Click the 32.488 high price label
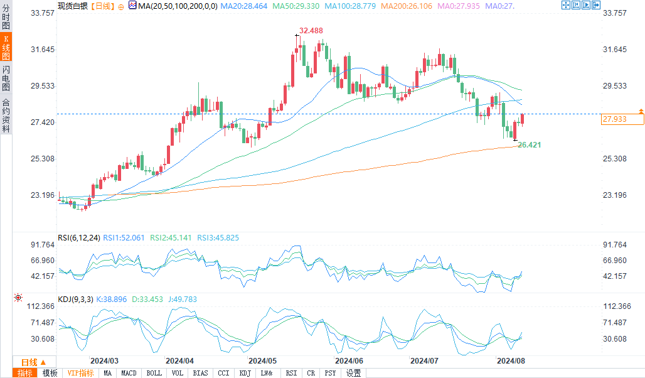click(x=311, y=31)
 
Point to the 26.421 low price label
click(x=529, y=145)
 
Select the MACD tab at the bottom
click(x=129, y=373)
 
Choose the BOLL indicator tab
click(x=154, y=373)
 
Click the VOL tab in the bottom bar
click(x=178, y=373)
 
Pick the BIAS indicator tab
click(x=201, y=373)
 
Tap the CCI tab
click(x=223, y=373)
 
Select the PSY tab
click(x=330, y=373)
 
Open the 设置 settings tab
click(x=353, y=373)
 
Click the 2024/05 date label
click(x=262, y=361)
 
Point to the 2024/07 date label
click(x=424, y=361)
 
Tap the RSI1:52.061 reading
click(x=124, y=238)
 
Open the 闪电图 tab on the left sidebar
click(x=6, y=78)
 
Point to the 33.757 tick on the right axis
click(x=614, y=13)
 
